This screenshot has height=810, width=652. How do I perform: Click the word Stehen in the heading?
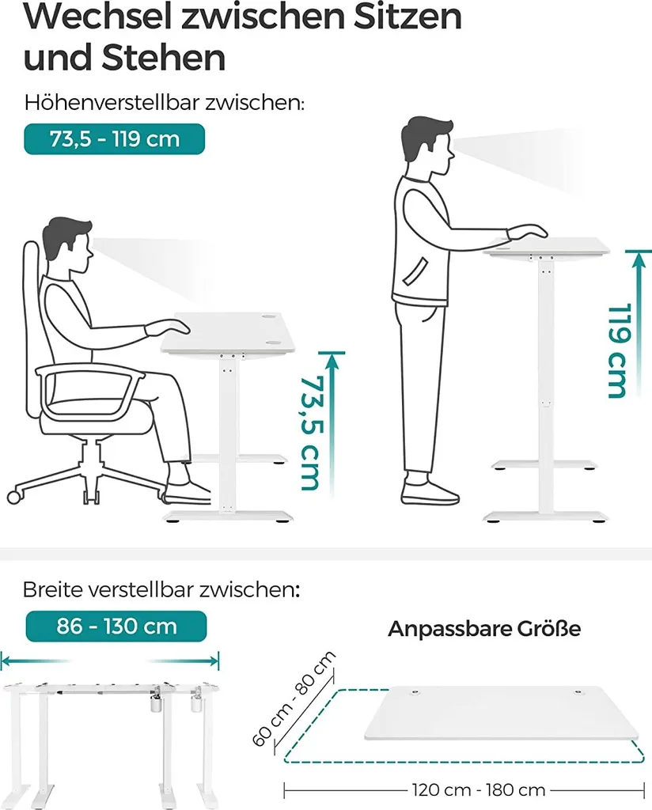tap(163, 57)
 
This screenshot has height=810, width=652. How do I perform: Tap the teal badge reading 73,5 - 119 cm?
tap(114, 139)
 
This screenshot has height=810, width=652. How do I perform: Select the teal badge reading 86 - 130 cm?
tap(116, 626)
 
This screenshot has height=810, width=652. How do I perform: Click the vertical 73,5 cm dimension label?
tap(312, 433)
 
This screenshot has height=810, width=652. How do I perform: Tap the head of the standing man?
tap(428, 146)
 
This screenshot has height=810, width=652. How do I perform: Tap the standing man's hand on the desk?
tap(528, 232)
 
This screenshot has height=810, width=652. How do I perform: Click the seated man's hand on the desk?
tap(168, 327)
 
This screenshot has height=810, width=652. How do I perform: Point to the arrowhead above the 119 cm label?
tap(639, 259)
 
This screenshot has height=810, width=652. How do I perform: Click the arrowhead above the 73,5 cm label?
tap(332, 360)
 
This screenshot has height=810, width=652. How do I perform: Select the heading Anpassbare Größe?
tap(484, 629)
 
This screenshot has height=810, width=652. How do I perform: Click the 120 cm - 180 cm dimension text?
tap(479, 790)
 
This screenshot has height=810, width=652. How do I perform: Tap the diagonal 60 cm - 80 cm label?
tap(294, 699)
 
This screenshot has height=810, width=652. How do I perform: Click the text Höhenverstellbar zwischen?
tap(165, 103)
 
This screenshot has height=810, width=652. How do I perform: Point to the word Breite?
tap(52, 589)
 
